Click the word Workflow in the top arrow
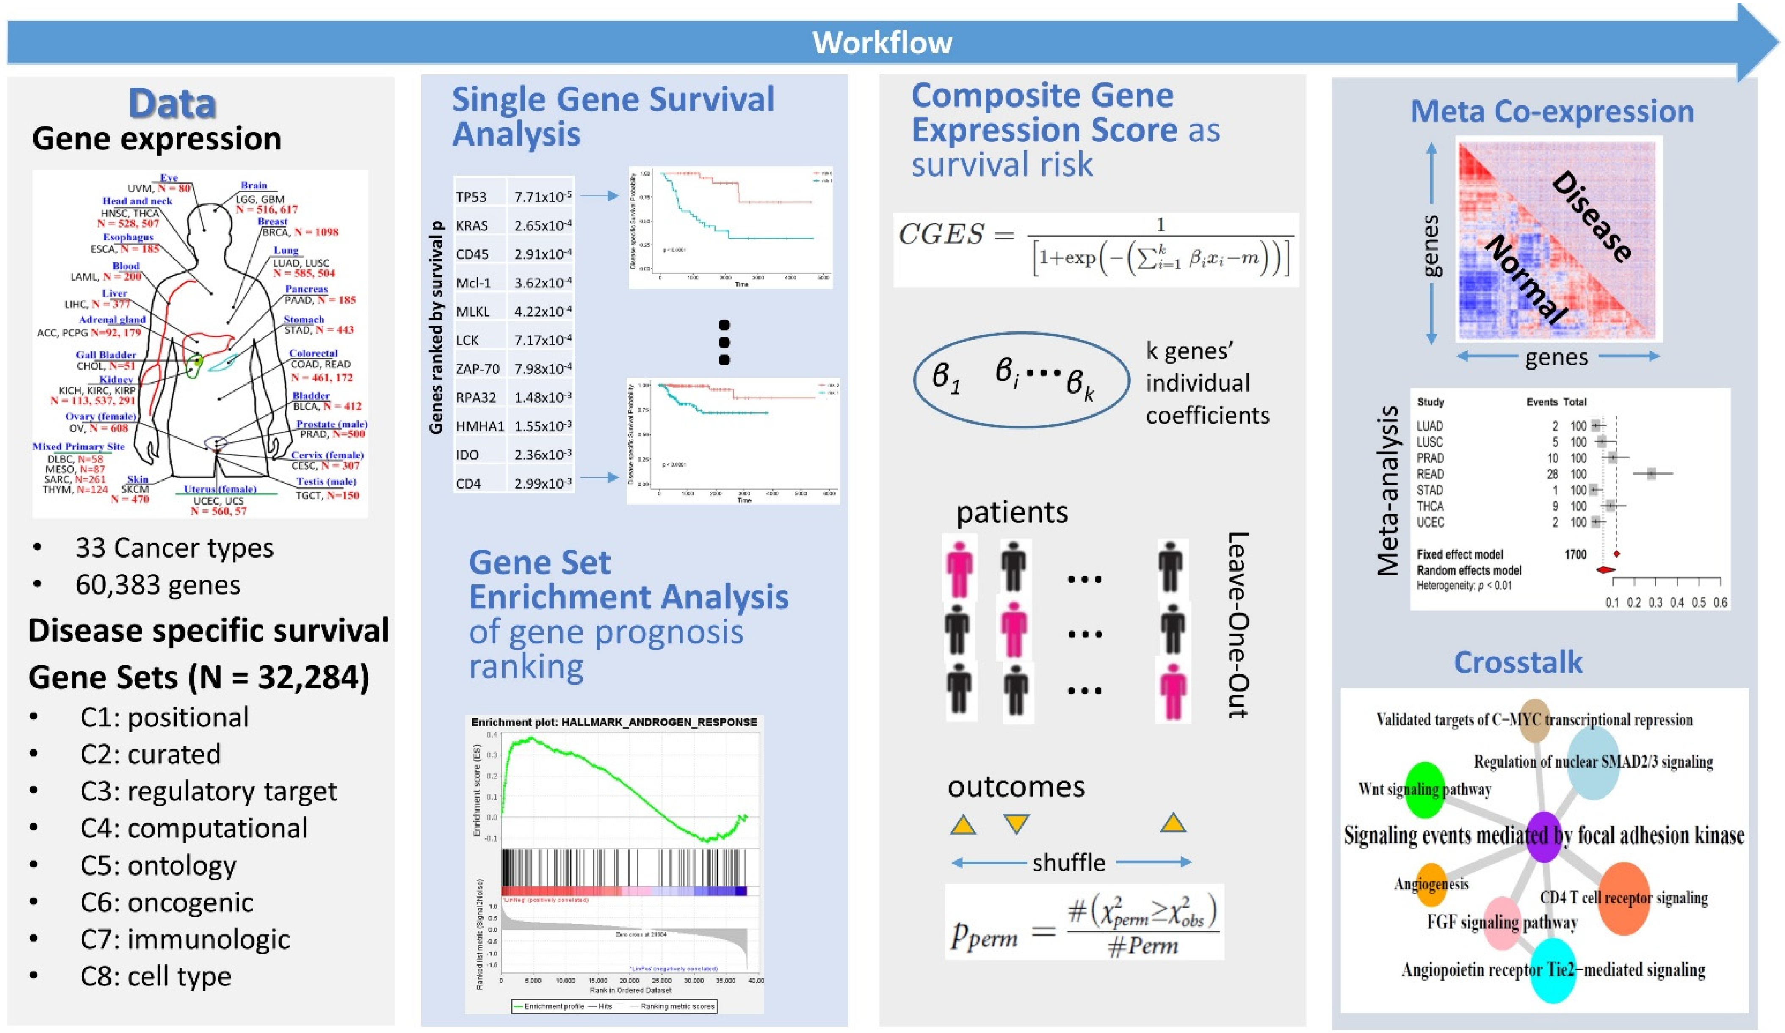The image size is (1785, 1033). (882, 42)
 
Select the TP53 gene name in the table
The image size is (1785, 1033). (471, 197)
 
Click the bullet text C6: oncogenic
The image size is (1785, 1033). (166, 902)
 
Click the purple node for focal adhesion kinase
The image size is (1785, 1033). (1544, 837)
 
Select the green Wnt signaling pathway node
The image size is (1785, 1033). (1424, 789)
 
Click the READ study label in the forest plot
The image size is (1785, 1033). (1429, 474)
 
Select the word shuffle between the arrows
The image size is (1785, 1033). (1068, 862)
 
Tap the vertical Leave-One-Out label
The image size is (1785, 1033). (1238, 625)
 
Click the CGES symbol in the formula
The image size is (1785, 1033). (941, 234)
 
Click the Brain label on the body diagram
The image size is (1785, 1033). (254, 185)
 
